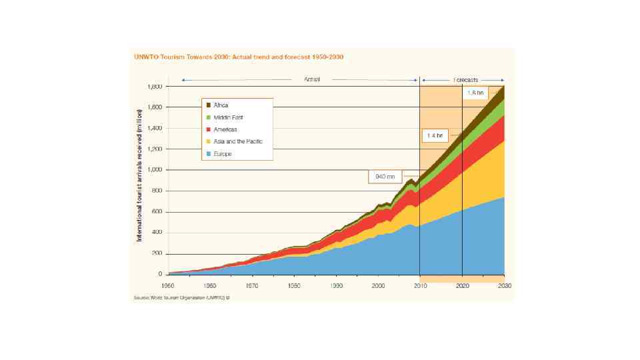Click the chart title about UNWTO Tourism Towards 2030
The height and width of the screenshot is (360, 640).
click(239, 57)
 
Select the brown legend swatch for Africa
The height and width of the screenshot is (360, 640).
click(209, 105)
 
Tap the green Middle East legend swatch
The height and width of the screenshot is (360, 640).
click(209, 117)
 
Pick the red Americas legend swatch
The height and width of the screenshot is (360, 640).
click(209, 129)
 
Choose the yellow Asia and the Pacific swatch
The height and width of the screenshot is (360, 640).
click(209, 141)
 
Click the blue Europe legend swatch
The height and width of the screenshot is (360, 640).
click(209, 153)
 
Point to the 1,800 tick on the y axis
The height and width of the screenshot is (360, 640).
click(154, 87)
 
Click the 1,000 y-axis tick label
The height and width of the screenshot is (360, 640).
click(154, 170)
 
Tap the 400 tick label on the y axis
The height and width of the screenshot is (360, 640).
click(157, 233)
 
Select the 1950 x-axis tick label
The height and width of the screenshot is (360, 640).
click(168, 285)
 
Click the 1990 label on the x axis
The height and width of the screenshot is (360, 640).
click(336, 285)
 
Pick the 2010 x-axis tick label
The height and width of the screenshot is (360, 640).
click(420, 285)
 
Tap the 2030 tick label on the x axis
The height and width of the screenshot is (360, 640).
click(504, 285)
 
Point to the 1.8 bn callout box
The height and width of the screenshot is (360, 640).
click(476, 93)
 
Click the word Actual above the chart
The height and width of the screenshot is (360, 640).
click(312, 79)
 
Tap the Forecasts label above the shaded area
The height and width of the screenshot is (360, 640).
click(465, 79)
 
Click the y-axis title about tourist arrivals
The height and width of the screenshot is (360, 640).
click(140, 181)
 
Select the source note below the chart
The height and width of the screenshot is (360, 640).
click(182, 298)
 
